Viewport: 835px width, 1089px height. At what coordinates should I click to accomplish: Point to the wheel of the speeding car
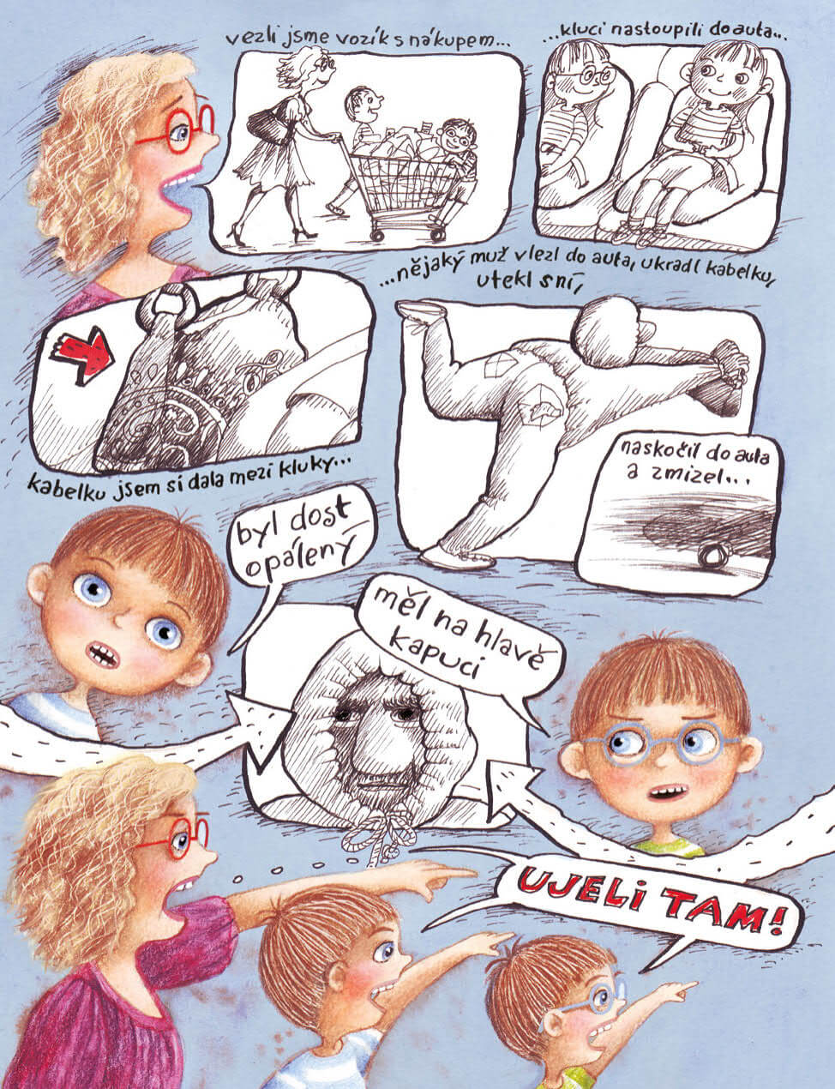click(x=714, y=554)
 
